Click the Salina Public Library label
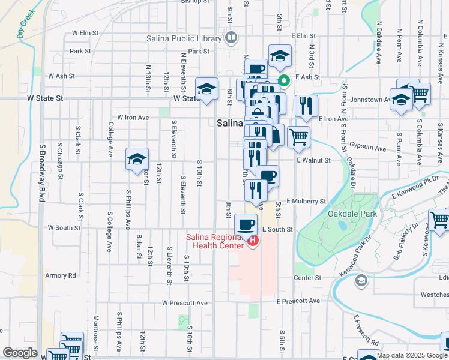(184, 39)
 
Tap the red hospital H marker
(253, 241)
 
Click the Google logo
(20, 353)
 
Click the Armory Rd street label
(61, 275)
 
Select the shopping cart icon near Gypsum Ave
(298, 137)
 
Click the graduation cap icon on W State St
(206, 89)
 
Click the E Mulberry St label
(306, 202)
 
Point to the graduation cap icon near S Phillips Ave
(137, 159)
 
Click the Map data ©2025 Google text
(412, 355)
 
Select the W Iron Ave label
(133, 118)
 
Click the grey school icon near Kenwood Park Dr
(361, 280)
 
